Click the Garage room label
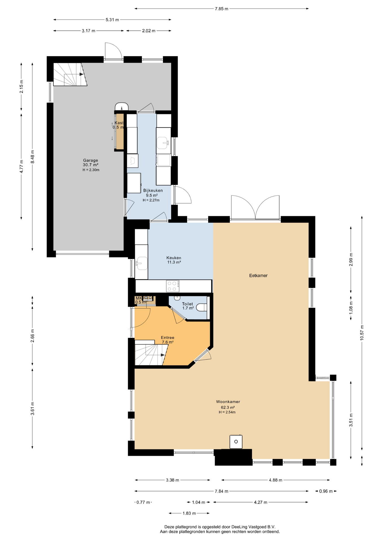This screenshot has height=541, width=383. click(x=91, y=160)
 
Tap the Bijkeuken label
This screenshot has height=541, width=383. click(x=153, y=190)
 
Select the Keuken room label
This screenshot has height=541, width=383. click(x=174, y=258)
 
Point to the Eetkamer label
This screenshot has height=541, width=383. click(x=258, y=276)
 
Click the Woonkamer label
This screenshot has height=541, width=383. click(x=228, y=402)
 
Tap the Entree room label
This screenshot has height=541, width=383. click(x=168, y=338)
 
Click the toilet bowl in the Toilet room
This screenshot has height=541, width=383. click(x=201, y=307)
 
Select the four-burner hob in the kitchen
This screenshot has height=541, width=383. click(x=173, y=286)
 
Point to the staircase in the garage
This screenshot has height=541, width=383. click(x=70, y=74)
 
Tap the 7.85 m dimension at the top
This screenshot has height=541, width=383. click(x=221, y=9)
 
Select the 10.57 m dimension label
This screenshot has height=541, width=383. click(x=362, y=332)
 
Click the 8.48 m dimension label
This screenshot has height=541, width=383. click(x=32, y=157)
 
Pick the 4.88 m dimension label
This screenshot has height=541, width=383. click(x=276, y=480)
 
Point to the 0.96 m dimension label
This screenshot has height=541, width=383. click(x=326, y=491)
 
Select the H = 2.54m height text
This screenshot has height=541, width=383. click(x=227, y=412)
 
